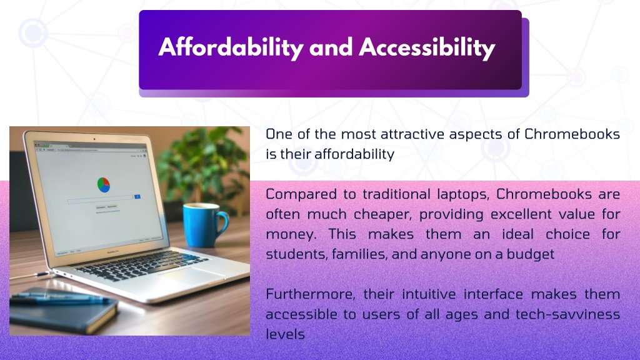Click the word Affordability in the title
tap(231, 47)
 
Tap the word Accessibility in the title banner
tap(427, 47)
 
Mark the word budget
tap(530, 254)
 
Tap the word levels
tap(285, 334)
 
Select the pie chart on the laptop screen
tap(104, 185)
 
